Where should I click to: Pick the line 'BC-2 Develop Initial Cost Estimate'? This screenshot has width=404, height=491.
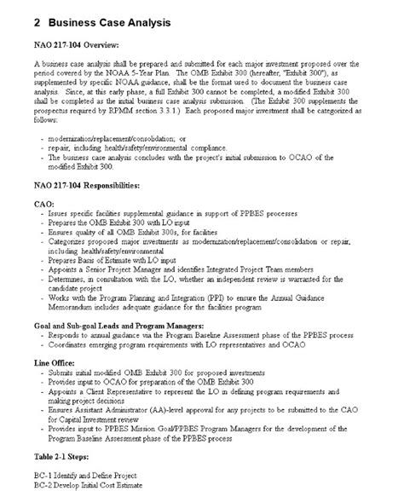pyautogui.click(x=99, y=485)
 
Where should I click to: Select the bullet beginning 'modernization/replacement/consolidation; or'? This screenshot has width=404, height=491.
pyautogui.click(x=128, y=137)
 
